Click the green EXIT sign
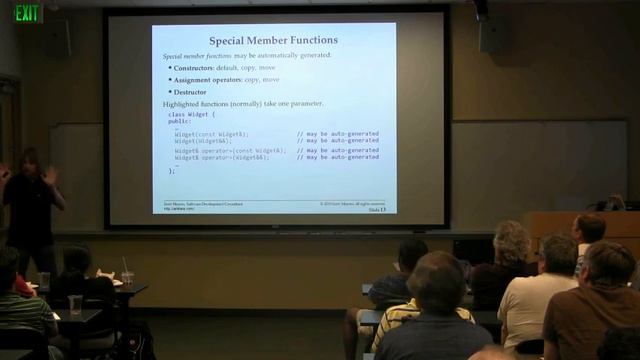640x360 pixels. tap(28, 12)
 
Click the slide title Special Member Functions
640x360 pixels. tap(273, 41)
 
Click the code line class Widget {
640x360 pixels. tap(191, 115)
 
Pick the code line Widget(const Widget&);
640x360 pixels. tap(212, 133)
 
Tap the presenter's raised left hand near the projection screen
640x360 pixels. tap(50, 174)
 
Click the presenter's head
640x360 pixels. tap(27, 161)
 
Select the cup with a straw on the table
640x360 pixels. tap(127, 275)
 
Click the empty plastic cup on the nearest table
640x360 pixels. tap(75, 304)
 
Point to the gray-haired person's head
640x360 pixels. tap(511, 240)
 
